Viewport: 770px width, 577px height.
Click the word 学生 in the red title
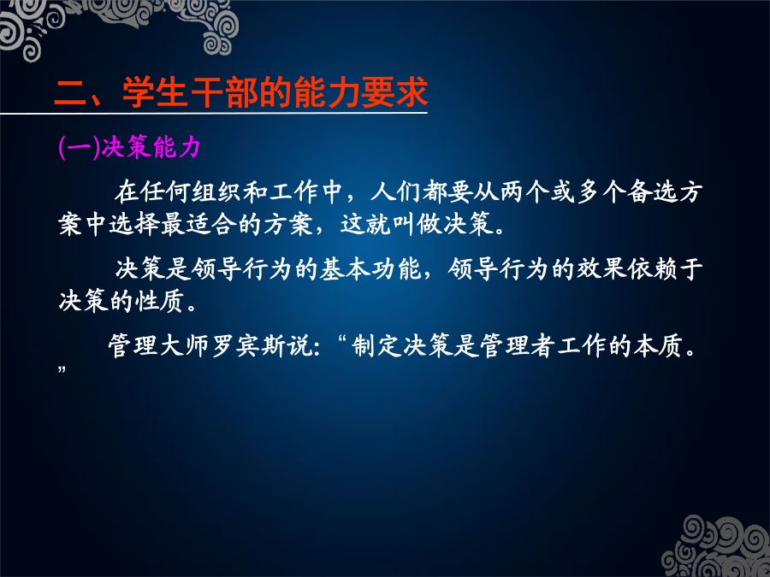[x=155, y=91]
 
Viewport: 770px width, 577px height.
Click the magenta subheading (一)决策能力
[x=129, y=147]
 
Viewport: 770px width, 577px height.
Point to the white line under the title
[x=214, y=114]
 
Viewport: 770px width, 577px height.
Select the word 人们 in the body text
[x=396, y=191]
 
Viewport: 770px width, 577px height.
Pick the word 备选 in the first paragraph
[x=653, y=191]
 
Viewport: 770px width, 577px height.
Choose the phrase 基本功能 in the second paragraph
[x=370, y=268]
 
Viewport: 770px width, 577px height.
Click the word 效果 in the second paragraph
[x=601, y=268]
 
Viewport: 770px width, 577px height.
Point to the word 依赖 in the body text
[x=653, y=268]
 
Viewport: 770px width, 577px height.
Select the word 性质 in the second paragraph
[x=160, y=301]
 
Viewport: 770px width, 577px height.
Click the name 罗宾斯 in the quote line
[x=250, y=345]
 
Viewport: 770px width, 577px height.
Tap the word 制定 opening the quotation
[x=376, y=345]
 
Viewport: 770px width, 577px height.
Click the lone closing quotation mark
[x=62, y=369]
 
